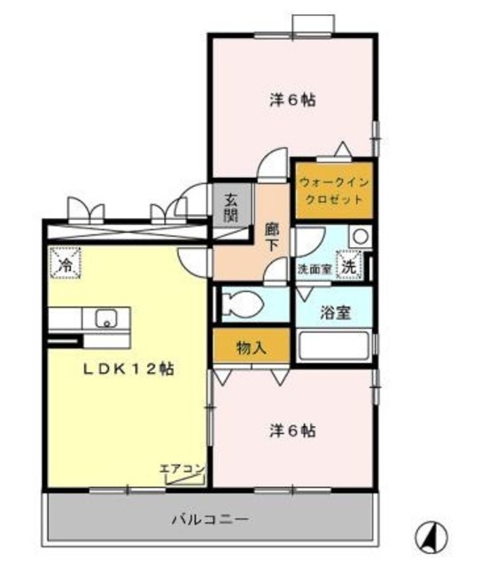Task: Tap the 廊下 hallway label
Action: point(273,237)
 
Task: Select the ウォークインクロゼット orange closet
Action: point(332,190)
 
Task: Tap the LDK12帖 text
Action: point(129,369)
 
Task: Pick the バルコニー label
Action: point(211,518)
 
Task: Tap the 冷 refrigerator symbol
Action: point(66,263)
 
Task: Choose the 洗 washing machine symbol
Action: point(351,265)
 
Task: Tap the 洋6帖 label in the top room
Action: point(292,99)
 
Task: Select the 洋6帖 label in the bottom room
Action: point(292,431)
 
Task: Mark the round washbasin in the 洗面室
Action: point(360,237)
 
